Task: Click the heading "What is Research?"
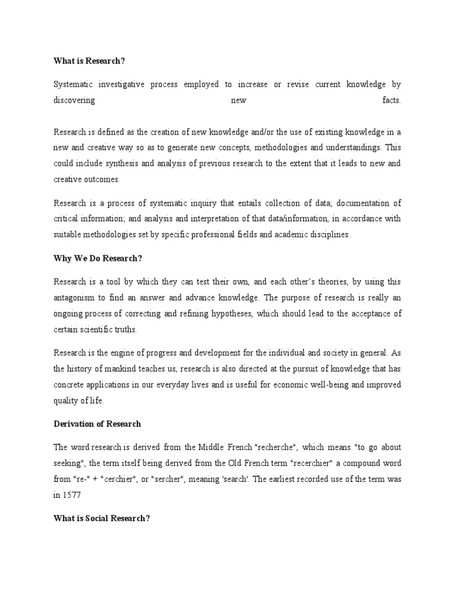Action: tap(90, 61)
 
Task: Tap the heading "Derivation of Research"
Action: tap(97, 424)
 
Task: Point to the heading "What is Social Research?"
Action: tap(101, 518)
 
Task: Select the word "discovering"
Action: tap(74, 100)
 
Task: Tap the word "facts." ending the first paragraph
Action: tap(392, 100)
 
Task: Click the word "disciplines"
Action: tap(325, 234)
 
